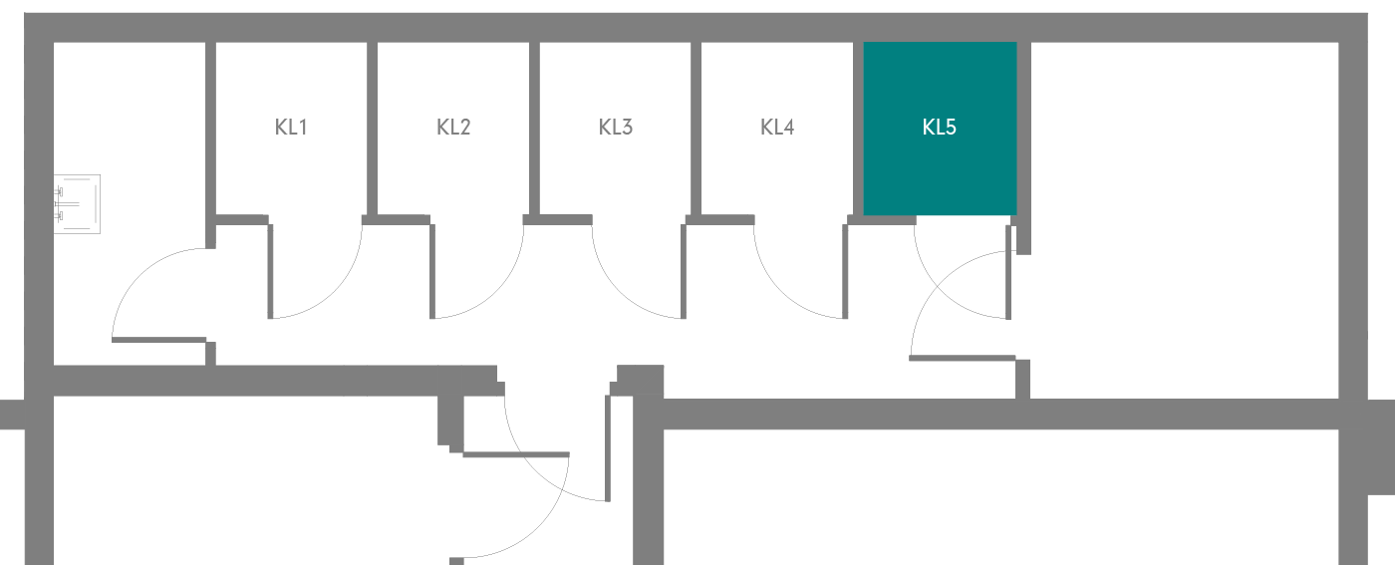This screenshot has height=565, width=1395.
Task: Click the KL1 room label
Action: (291, 128)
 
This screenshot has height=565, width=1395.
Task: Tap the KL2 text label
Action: (453, 128)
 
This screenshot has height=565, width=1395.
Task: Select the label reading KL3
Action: (616, 128)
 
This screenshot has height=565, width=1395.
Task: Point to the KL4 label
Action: (777, 128)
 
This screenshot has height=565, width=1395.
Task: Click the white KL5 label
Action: (939, 128)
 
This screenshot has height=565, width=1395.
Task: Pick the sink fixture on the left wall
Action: (78, 204)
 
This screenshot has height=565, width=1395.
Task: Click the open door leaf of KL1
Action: (270, 272)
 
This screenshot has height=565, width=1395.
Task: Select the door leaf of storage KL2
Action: (432, 272)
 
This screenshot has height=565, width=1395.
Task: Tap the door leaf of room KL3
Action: (684, 272)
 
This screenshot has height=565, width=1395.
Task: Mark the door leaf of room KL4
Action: (845, 272)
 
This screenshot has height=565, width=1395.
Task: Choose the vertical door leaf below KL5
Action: (1008, 273)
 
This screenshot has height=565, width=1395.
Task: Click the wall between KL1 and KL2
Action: (373, 129)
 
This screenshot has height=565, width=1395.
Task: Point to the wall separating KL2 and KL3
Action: (534, 129)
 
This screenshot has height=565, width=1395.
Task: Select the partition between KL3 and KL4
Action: (697, 129)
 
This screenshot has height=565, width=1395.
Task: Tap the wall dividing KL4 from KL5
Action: (858, 129)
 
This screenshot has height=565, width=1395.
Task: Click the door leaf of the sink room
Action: (158, 340)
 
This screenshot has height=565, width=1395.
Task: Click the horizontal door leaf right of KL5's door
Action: (963, 358)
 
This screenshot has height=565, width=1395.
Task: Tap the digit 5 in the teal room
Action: (951, 128)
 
